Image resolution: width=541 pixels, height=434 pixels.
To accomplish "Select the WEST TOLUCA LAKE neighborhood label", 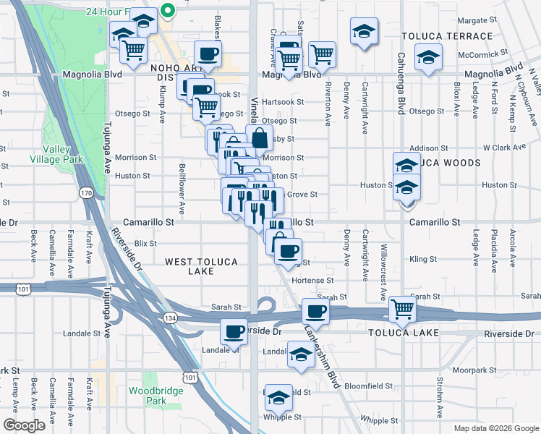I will tap(189, 266).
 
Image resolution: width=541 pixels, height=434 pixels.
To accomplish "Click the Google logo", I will tap(25, 425).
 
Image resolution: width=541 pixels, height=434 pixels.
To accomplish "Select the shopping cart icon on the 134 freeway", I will tap(403, 310).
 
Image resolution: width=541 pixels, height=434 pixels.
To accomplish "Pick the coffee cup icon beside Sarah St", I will tap(315, 311).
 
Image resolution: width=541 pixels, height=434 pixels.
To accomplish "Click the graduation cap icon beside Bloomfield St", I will tap(278, 397).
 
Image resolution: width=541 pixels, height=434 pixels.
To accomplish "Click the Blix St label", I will tap(146, 244).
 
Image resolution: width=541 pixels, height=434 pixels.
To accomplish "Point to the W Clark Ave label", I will tap(504, 148).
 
